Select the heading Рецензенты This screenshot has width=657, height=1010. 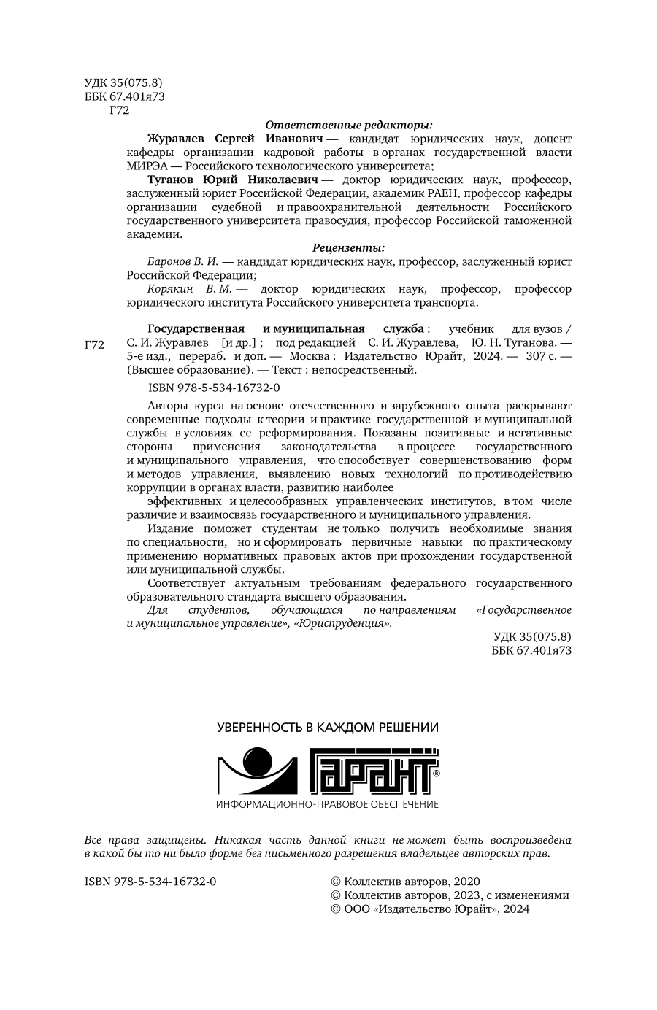[x=348, y=248]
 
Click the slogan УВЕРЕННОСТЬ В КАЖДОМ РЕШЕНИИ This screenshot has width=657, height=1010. [x=328, y=728]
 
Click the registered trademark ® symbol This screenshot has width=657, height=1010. [x=436, y=772]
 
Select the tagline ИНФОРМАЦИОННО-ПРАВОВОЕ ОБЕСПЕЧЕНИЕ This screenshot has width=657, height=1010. [x=328, y=804]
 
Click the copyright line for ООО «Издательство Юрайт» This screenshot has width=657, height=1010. [x=431, y=909]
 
